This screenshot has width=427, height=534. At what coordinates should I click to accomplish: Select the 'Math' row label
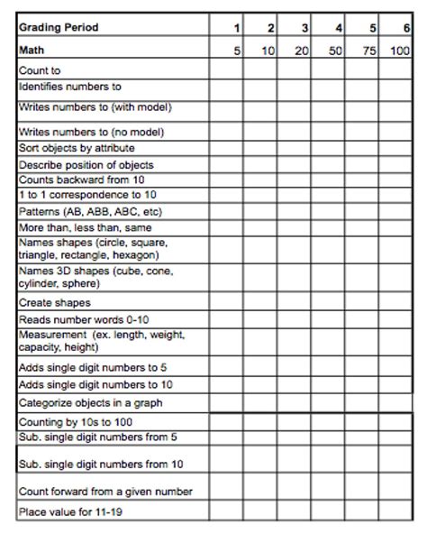[32, 51]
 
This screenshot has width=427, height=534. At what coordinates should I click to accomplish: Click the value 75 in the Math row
[367, 51]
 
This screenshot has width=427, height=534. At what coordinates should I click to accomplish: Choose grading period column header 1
[237, 29]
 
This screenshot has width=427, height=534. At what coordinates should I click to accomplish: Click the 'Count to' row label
[40, 70]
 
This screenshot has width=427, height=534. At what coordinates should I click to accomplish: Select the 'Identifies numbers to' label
[69, 87]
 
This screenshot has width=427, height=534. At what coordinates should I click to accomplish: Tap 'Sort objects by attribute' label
[77, 148]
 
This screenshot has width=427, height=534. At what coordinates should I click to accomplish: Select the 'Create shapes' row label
[54, 303]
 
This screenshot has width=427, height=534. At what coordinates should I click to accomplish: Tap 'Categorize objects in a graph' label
[90, 403]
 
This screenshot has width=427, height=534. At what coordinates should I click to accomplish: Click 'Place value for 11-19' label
[71, 513]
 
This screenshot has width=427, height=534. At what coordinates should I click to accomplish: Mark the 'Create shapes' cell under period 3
[294, 303]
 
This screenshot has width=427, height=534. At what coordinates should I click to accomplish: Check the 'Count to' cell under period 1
[226, 70]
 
